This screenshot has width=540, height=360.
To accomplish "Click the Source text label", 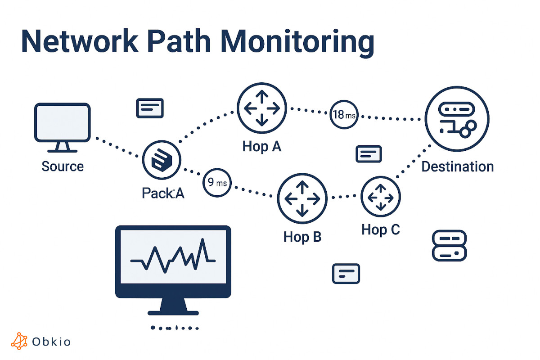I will pyautogui.click(x=63, y=166).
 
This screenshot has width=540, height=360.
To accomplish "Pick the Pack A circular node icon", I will pyautogui.click(x=162, y=160).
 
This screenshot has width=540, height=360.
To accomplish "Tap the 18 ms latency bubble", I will pyautogui.click(x=344, y=115).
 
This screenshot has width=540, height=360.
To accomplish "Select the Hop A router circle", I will pyautogui.click(x=261, y=108).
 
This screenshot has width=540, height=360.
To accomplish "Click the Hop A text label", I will pyautogui.click(x=261, y=146).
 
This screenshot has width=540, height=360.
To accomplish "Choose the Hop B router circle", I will pyautogui.click(x=302, y=198).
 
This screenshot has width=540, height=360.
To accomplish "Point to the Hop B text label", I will pyautogui.click(x=302, y=237).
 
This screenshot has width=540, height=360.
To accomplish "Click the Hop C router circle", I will pyautogui.click(x=381, y=197).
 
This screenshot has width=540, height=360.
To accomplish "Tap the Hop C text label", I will pyautogui.click(x=381, y=230).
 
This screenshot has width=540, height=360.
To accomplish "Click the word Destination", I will pyautogui.click(x=457, y=167).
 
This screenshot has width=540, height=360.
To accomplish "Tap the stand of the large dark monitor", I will pyautogui.click(x=173, y=307).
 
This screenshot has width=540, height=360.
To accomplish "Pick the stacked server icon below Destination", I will pyautogui.click(x=449, y=246).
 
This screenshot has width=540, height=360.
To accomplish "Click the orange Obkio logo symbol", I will pyautogui.click(x=19, y=341).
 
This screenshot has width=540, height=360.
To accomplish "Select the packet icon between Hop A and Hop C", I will pyautogui.click(x=369, y=154).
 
